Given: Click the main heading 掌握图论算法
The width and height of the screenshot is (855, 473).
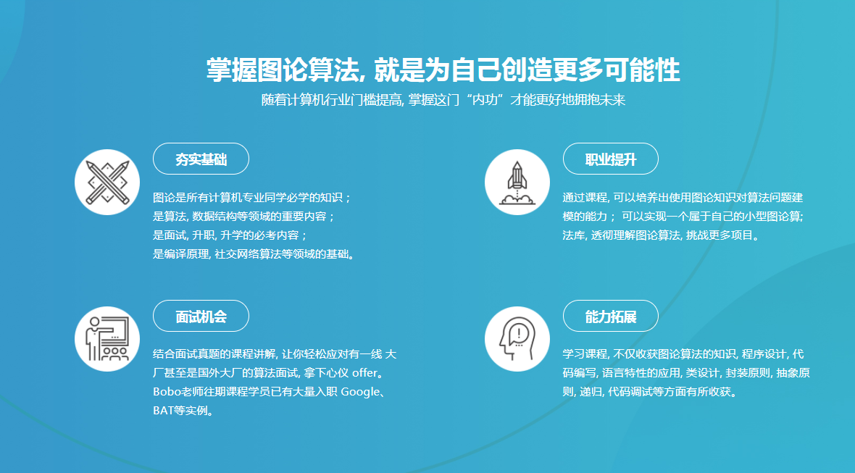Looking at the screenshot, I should pos(443,71).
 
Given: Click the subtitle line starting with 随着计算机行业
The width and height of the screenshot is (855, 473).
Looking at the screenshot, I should pos(443,100).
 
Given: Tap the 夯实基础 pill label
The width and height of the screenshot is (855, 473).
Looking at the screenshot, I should pos(201,159).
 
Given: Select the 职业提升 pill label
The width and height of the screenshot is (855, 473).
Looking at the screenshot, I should pos(610,159).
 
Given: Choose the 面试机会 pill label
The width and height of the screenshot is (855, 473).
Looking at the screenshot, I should pos(201,317).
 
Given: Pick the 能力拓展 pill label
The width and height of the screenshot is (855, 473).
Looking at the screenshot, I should pos(610,317).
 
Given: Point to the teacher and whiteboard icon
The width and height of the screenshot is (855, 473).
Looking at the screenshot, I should pos(107,339).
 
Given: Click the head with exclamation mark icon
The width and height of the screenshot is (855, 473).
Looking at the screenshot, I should pos(517,339).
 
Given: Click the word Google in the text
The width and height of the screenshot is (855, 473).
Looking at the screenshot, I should pos(360,393).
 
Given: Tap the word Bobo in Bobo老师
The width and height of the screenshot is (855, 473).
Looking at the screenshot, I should pos(165,393).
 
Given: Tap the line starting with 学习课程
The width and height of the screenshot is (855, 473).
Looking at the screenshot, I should pos(683,355).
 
